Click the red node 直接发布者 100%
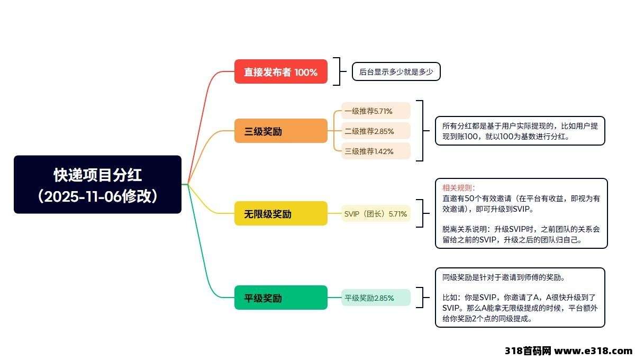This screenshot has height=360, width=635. click(x=280, y=72)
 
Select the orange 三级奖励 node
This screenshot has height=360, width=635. click(x=280, y=131)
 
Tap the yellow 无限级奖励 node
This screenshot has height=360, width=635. click(x=280, y=214)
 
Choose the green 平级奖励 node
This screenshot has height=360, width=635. click(x=280, y=298)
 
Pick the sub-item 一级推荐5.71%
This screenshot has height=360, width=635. click(x=376, y=111)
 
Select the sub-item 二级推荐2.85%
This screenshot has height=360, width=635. click(x=376, y=131)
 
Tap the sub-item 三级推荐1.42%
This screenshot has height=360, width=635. click(x=376, y=151)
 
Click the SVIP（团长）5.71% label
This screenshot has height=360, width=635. click(x=376, y=214)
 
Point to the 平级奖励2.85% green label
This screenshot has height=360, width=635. click(x=376, y=298)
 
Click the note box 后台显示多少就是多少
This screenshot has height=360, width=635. click(x=396, y=72)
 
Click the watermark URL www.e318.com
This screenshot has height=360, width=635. click(x=592, y=351)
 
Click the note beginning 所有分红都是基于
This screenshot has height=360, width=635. click(x=520, y=131)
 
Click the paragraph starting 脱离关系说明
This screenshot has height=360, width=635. click(x=521, y=235)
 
